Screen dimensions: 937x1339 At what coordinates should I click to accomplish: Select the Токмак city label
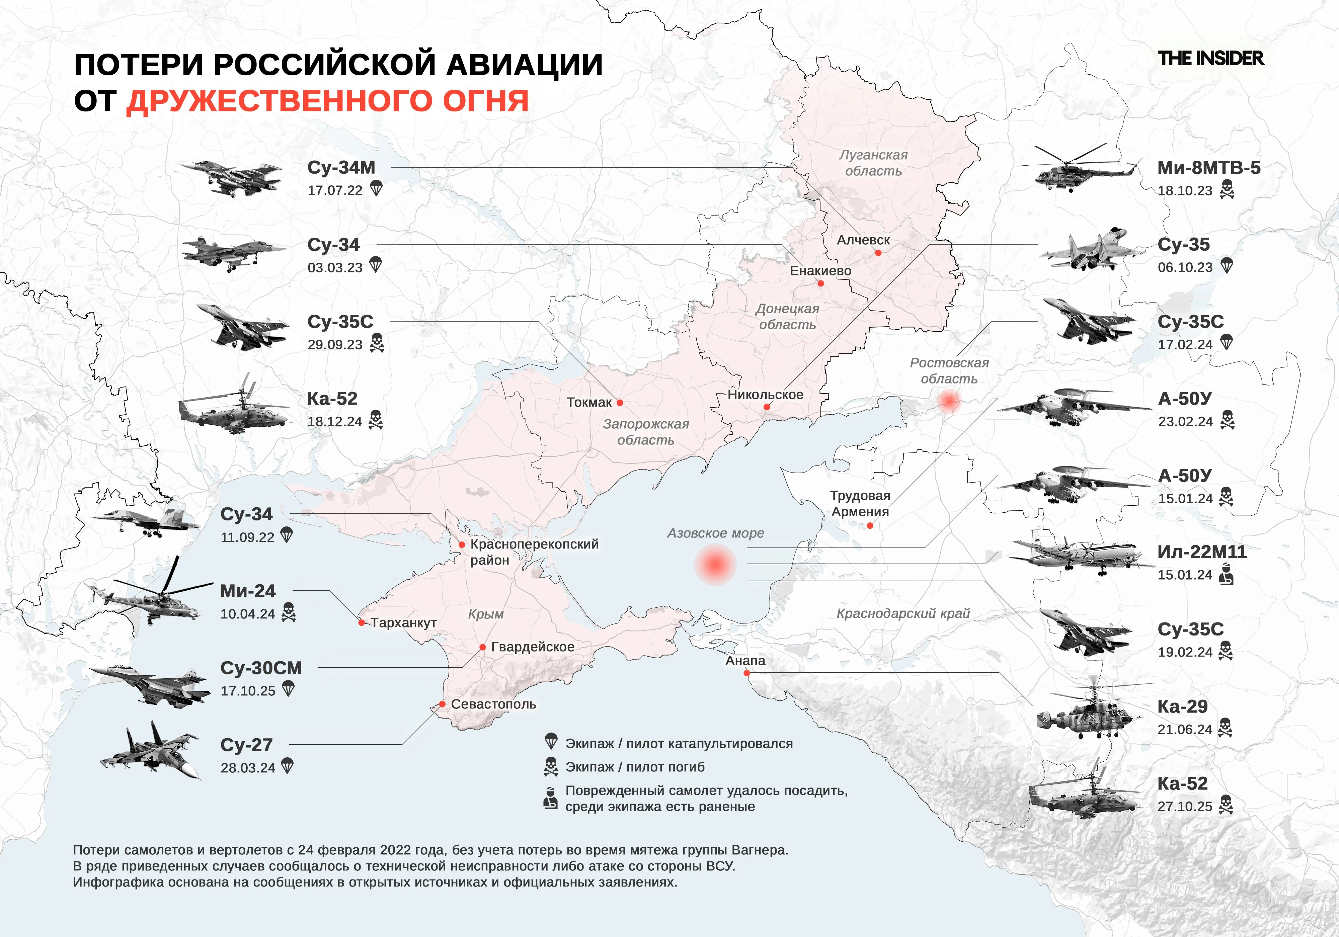click(589, 402)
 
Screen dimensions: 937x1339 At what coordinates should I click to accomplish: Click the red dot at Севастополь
click(443, 704)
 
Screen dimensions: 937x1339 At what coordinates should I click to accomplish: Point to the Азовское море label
click(716, 533)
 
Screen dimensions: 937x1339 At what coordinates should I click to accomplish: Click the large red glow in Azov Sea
click(716, 565)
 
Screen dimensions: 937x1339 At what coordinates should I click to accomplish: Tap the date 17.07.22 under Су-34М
click(335, 191)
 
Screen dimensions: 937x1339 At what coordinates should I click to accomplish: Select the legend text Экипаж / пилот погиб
click(634, 767)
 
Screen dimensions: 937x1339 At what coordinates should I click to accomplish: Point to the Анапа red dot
click(746, 673)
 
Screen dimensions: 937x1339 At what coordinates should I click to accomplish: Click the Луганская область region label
click(873, 163)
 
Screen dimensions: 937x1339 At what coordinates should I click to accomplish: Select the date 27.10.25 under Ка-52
click(1184, 806)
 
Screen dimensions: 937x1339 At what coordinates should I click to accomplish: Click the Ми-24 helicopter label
click(248, 591)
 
